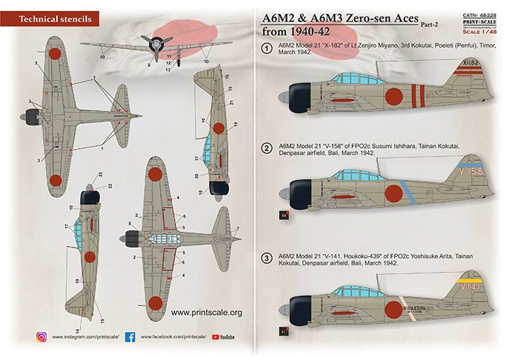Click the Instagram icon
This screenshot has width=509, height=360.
[x=41, y=336]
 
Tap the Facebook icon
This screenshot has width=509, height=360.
[x=130, y=336]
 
